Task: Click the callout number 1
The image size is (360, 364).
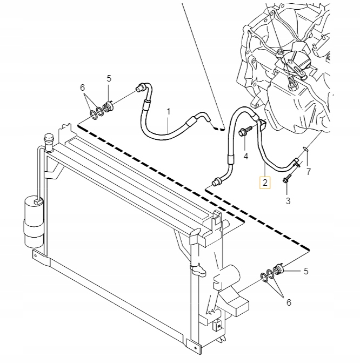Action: [168, 112]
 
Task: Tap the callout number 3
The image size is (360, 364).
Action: [288, 201]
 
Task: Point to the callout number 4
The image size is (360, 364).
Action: [245, 157]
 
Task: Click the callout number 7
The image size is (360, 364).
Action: [309, 172]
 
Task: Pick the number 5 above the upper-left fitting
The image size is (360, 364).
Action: [109, 78]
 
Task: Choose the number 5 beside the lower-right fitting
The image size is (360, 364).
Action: [305, 271]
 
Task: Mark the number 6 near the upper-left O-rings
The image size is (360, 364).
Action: [82, 87]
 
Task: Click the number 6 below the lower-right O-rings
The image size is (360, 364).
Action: [288, 302]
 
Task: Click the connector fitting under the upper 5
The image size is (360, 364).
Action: [108, 105]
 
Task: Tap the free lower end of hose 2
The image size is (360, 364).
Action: [217, 181]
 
